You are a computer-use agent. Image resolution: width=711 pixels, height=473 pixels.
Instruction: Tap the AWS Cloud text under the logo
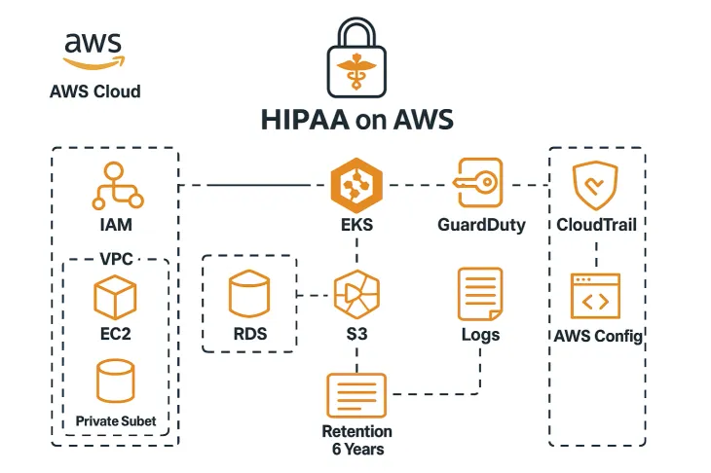94,91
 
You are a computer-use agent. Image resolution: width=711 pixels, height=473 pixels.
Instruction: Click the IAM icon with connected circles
116,186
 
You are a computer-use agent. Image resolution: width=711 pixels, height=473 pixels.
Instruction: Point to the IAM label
116,225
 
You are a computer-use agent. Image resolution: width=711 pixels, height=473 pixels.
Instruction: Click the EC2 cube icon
115,297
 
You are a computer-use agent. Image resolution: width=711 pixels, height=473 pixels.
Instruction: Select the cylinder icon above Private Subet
116,382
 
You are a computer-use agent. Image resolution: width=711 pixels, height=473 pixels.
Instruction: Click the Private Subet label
116,421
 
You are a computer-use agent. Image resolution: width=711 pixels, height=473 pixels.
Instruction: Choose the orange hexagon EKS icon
356,185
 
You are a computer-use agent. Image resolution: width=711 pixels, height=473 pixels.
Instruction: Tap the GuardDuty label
481,225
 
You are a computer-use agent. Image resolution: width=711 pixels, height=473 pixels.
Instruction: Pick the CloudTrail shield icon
596,186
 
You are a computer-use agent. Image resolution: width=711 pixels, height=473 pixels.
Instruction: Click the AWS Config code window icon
596,297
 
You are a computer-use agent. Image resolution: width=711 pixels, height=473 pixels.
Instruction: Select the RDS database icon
248,296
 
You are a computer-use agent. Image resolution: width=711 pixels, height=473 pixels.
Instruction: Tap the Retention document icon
356,396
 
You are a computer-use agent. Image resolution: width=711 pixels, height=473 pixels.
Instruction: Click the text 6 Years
357,449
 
